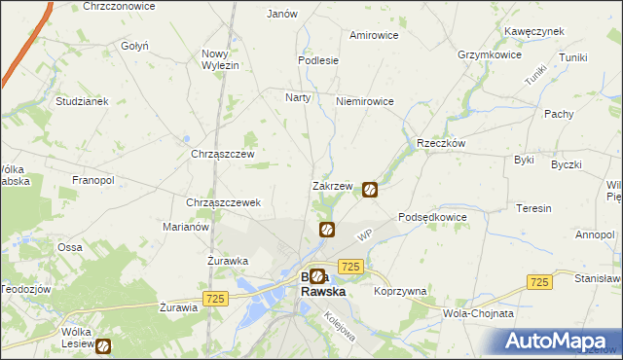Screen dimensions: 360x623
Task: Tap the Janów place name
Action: point(281,14)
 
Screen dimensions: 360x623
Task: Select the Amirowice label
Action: point(375,35)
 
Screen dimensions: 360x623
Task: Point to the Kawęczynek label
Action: point(534,31)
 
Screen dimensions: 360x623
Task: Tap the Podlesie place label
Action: point(318,60)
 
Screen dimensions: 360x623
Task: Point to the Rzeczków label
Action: point(441,142)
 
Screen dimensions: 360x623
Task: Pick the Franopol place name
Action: point(93,181)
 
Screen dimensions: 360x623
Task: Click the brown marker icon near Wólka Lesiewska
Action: point(102,345)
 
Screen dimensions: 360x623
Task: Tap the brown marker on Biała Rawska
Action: point(317,277)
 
